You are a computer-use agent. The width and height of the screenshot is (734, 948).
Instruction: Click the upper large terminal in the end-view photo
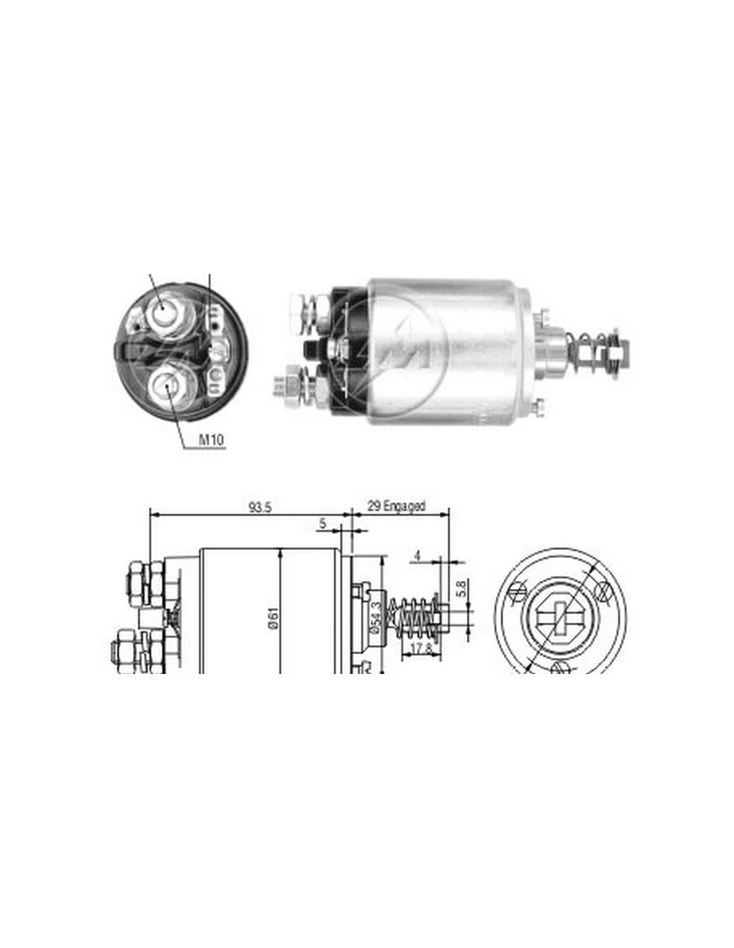(167, 311)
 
